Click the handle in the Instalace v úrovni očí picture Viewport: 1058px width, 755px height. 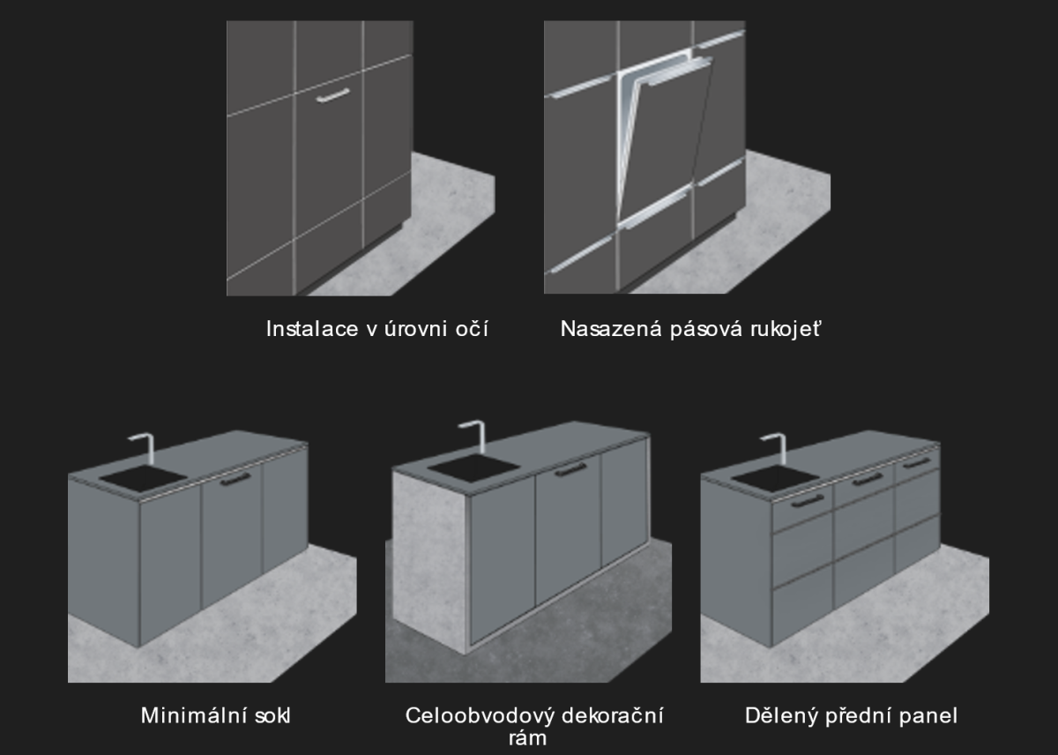click(x=333, y=95)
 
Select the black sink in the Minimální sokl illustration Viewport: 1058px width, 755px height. click(x=143, y=478)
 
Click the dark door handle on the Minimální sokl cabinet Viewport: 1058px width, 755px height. click(x=235, y=479)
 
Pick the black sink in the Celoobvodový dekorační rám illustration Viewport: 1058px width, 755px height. click(x=473, y=467)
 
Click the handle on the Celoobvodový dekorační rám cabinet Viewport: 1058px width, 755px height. click(x=570, y=469)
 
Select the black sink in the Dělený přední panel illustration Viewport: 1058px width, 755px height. click(x=776, y=478)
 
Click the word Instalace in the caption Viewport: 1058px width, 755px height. click(x=312, y=329)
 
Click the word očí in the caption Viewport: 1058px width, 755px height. click(x=472, y=329)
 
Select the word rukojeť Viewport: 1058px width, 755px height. click(x=786, y=329)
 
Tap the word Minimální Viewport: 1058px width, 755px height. click(x=194, y=716)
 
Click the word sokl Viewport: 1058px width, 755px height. click(x=272, y=716)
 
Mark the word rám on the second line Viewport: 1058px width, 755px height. click(x=527, y=738)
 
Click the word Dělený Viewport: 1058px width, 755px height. click(x=781, y=716)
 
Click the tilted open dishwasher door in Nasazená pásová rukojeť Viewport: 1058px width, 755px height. click(x=664, y=142)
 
